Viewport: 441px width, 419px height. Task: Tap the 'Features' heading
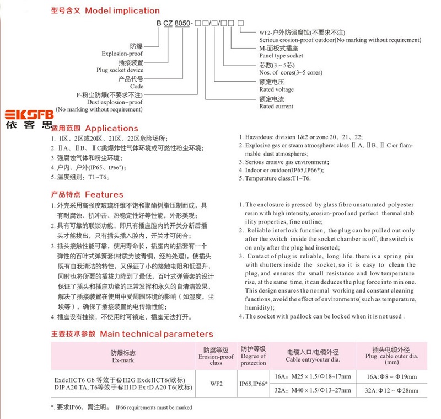[x=104, y=194]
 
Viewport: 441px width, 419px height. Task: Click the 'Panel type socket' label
[x=281, y=56]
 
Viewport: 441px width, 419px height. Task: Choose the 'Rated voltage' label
[x=276, y=89]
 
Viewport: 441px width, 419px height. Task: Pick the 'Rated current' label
[x=276, y=107]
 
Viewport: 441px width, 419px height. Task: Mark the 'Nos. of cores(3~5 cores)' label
[x=291, y=73]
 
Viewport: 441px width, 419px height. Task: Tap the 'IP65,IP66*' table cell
[x=253, y=381]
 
